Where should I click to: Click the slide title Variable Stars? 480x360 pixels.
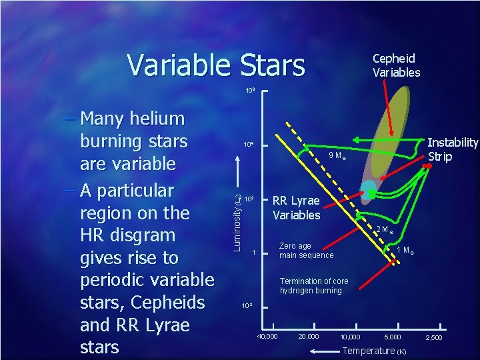(215, 65)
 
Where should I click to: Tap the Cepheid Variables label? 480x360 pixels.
(396, 65)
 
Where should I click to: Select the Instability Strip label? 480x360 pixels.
(453, 149)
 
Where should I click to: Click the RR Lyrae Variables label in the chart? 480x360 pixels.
(296, 208)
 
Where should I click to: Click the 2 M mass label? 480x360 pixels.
(383, 230)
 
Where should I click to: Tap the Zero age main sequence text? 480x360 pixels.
(306, 250)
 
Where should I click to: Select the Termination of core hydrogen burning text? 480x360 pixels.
(311, 285)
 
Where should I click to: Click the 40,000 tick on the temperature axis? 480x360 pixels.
(269, 336)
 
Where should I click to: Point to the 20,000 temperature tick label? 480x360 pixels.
(309, 336)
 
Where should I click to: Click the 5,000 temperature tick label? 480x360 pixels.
(393, 337)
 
